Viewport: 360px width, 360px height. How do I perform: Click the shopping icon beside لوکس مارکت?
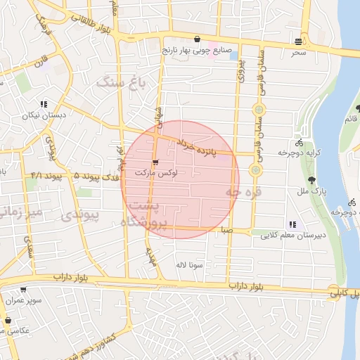click(x=155, y=162)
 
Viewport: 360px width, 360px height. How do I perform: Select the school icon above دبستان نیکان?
click(x=44, y=104)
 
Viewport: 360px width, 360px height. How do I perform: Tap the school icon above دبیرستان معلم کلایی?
click(x=292, y=224)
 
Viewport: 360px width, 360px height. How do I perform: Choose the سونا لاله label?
click(x=190, y=266)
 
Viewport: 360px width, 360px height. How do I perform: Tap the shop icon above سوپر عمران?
click(x=22, y=289)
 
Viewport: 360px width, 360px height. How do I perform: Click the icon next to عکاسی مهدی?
click(x=8, y=321)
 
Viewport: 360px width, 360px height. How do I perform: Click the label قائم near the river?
click(x=349, y=118)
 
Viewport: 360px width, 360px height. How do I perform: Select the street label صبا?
click(x=224, y=229)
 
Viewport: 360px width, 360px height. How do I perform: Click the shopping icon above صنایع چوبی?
click(x=198, y=39)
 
